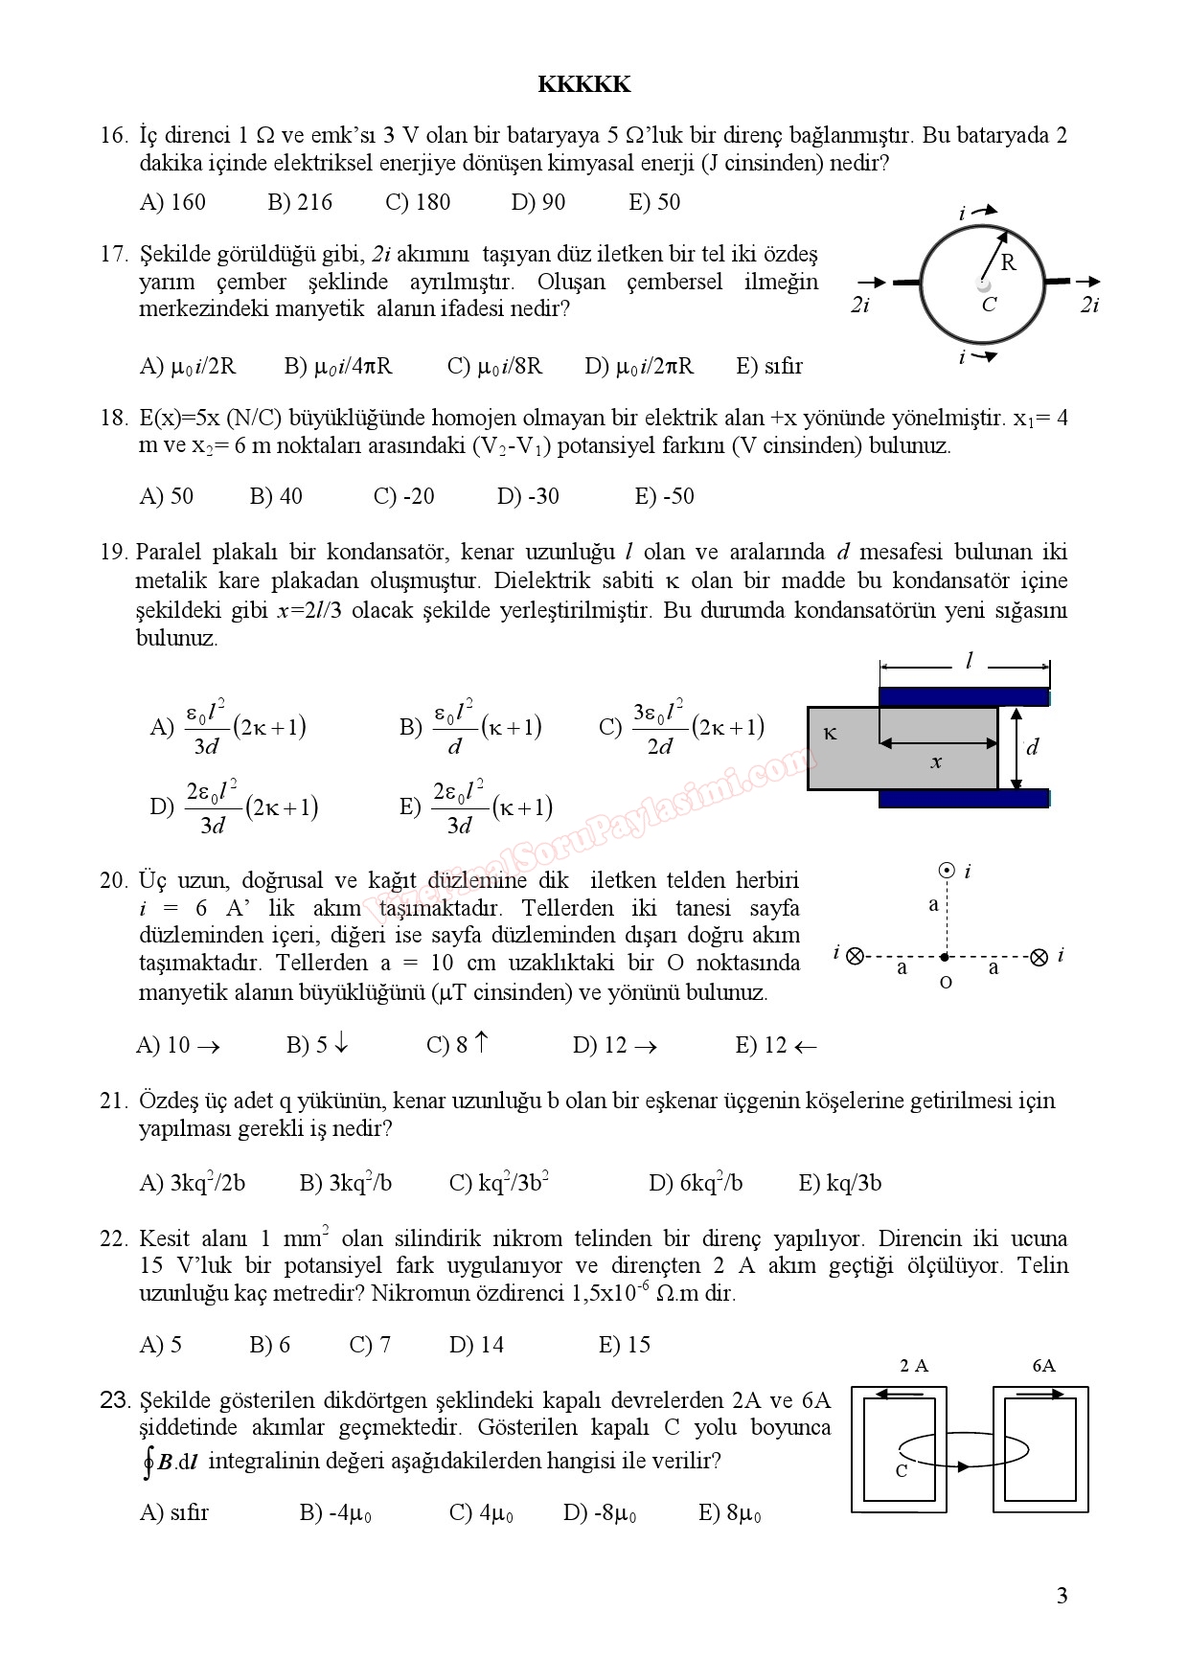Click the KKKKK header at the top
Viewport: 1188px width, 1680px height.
click(583, 84)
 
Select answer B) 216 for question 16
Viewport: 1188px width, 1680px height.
click(300, 202)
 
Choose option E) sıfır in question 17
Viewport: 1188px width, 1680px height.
click(769, 366)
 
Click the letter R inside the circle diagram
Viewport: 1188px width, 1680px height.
click(1008, 262)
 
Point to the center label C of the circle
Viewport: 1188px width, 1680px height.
click(989, 305)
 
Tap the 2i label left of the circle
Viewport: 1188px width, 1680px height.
click(860, 305)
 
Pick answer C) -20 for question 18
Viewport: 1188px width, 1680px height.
click(403, 496)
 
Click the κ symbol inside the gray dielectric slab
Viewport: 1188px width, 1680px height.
click(831, 733)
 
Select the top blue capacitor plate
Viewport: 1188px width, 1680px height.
click(964, 696)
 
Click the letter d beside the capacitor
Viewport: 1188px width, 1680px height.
click(1032, 747)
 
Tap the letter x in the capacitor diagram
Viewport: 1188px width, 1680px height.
click(936, 761)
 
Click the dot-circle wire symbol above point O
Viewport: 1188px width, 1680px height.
click(947, 871)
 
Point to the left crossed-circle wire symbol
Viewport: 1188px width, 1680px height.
click(856, 955)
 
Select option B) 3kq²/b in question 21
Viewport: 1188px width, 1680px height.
click(346, 1183)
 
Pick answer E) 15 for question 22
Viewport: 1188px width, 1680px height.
click(624, 1345)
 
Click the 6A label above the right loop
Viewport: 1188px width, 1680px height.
click(1043, 1366)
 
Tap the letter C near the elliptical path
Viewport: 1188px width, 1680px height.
click(901, 1471)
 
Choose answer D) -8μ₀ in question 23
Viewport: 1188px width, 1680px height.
click(600, 1513)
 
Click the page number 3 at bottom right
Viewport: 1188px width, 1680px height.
click(1061, 1596)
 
